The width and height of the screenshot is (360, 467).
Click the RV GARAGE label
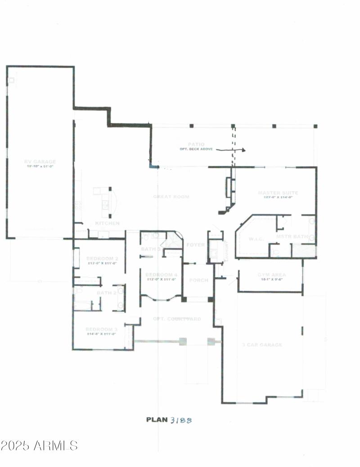coord(40,162)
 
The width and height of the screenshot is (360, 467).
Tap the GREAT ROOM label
coord(171,197)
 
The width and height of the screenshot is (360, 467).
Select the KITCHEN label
coord(107,223)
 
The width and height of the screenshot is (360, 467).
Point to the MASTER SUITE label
coord(278,193)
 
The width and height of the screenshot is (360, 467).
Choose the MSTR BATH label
coord(292,236)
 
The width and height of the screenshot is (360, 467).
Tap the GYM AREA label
coord(271,274)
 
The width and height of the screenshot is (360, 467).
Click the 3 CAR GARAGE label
coord(262,345)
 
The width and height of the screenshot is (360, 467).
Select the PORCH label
coord(198,280)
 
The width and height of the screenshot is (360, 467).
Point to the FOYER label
coord(195,245)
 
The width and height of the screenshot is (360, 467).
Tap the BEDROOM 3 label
coord(102,329)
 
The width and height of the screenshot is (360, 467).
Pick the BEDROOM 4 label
coord(162,274)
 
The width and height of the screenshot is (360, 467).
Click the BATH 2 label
coord(107,293)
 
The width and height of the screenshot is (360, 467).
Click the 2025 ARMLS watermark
coord(39,445)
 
